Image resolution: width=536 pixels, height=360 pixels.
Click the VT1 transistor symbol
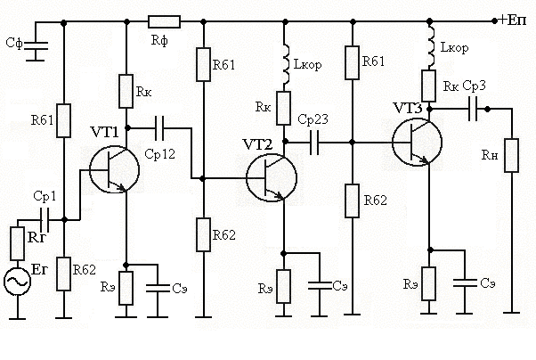click(x=113, y=169)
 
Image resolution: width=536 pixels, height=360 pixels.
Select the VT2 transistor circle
click(x=270, y=176)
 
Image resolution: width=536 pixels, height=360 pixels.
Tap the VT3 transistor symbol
click(x=417, y=142)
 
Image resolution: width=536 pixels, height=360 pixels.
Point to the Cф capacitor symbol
click(x=35, y=50)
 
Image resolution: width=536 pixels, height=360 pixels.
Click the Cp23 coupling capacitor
click(x=314, y=142)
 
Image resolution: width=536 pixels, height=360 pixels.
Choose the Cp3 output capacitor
click(x=473, y=108)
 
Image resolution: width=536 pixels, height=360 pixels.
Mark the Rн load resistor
click(x=513, y=152)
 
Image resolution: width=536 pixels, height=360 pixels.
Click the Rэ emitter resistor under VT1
click(x=127, y=287)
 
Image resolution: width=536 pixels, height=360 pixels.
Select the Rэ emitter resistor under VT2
click(x=284, y=285)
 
